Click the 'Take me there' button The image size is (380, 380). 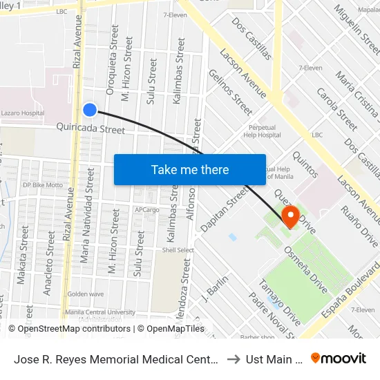pos(190,169)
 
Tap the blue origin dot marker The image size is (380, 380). pos(90,109)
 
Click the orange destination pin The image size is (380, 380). pos(291,216)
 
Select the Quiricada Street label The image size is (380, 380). pos(91,129)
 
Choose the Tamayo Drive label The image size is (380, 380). pos(280,302)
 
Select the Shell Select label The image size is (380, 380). pos(178,250)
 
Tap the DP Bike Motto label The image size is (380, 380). pos(43,185)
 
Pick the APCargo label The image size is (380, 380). pos(147,209)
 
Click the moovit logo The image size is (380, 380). pos(339,359)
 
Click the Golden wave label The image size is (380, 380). pos(85,294)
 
